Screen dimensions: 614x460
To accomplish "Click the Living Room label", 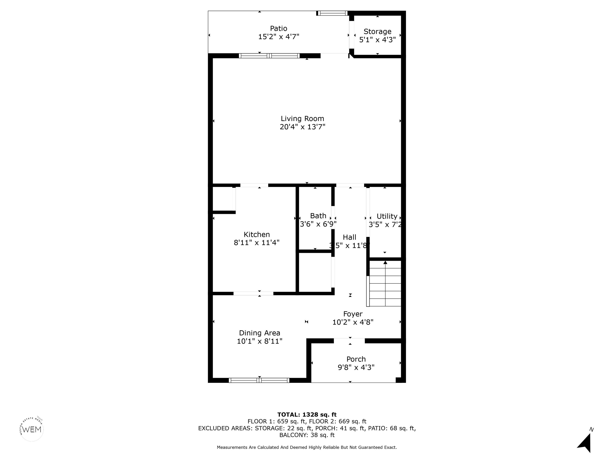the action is click(302, 119).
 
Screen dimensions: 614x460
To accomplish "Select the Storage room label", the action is click(378, 32).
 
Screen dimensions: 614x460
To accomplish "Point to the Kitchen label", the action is click(257, 235).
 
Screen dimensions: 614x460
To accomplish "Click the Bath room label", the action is click(318, 216).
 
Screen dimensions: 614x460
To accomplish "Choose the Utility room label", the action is click(387, 216).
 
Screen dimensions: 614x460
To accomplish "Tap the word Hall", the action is click(349, 237).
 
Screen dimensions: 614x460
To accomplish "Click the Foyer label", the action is click(353, 314).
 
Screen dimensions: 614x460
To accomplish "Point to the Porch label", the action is click(356, 359).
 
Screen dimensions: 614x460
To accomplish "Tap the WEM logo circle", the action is click(32, 429).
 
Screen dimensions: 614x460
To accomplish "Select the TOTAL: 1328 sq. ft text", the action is click(307, 414).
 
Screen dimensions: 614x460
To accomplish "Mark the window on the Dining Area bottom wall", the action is click(259, 380).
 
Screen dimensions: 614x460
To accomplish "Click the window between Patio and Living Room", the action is click(269, 56).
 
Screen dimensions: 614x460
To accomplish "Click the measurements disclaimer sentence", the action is click(307, 447).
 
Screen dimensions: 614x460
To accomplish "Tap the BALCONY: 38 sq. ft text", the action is click(307, 435).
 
